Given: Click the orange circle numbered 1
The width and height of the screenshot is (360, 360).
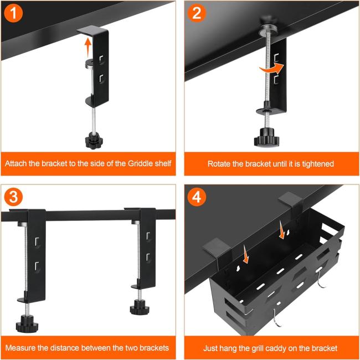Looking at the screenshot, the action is pyautogui.click(x=13, y=13).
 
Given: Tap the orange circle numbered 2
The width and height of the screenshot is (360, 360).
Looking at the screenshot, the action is pyautogui.click(x=196, y=13).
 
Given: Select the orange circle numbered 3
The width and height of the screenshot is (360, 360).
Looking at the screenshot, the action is pyautogui.click(x=13, y=197).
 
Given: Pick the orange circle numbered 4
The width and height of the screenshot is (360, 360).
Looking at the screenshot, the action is pyautogui.click(x=197, y=197).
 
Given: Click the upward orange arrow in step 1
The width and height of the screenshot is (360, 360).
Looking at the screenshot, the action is pyautogui.click(x=88, y=48).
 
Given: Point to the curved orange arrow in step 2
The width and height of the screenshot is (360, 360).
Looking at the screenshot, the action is pyautogui.click(x=272, y=68).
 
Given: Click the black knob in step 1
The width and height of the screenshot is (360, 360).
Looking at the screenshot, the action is pyautogui.click(x=94, y=141).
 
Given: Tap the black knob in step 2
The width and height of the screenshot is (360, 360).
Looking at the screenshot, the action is pyautogui.click(x=266, y=137).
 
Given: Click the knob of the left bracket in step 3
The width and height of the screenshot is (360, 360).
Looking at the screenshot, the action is pyautogui.click(x=27, y=324).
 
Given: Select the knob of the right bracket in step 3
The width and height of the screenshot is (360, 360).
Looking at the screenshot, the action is pyautogui.click(x=140, y=307).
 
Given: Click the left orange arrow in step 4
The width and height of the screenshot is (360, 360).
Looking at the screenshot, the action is pyautogui.click(x=245, y=254).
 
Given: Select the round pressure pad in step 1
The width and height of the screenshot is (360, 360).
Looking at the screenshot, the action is pyautogui.click(x=90, y=63).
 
